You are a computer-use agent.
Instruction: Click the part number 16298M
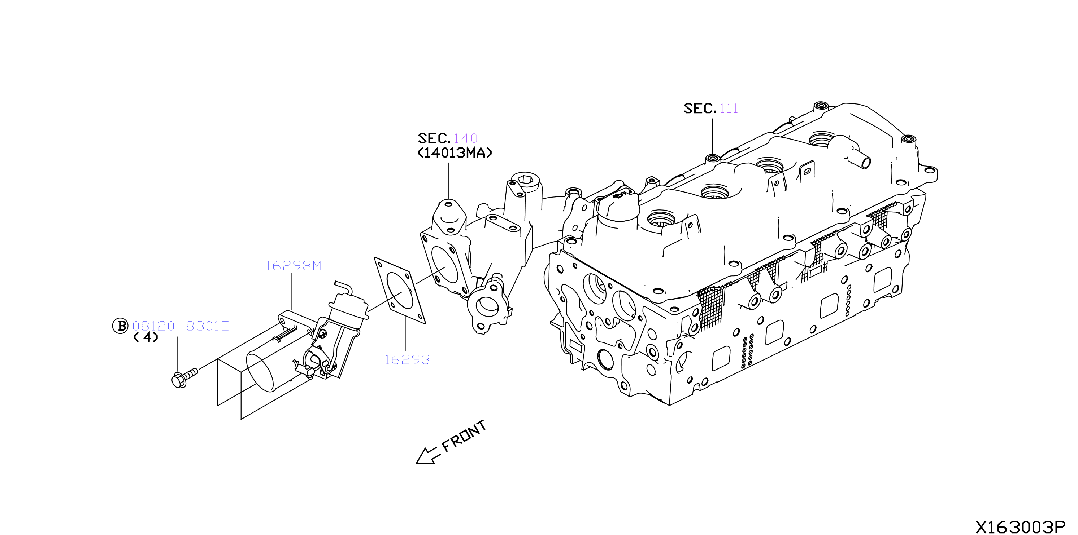coord(294,265)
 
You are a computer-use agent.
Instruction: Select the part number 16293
coord(407,359)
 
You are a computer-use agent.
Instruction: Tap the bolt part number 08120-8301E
coord(181,326)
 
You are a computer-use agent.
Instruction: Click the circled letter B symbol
coord(121,326)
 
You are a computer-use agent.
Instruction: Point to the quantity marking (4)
coord(145,337)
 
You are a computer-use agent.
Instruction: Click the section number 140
coord(465,138)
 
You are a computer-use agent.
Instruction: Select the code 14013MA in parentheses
coord(455,152)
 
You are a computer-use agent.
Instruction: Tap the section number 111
coord(729,108)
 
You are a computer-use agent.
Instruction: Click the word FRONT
coord(464,436)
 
